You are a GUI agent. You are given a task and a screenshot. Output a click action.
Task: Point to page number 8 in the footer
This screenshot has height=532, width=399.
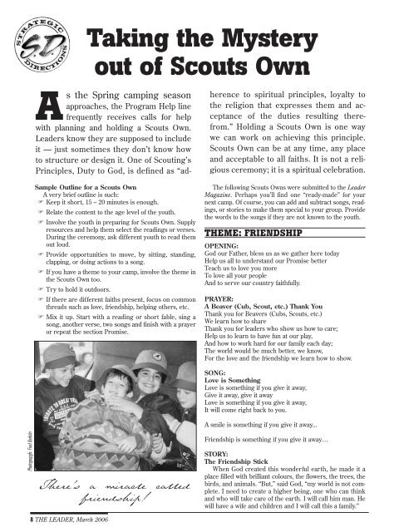click(8, 521)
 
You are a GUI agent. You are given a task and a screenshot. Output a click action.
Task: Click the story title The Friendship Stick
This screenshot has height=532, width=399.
click(249, 489)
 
